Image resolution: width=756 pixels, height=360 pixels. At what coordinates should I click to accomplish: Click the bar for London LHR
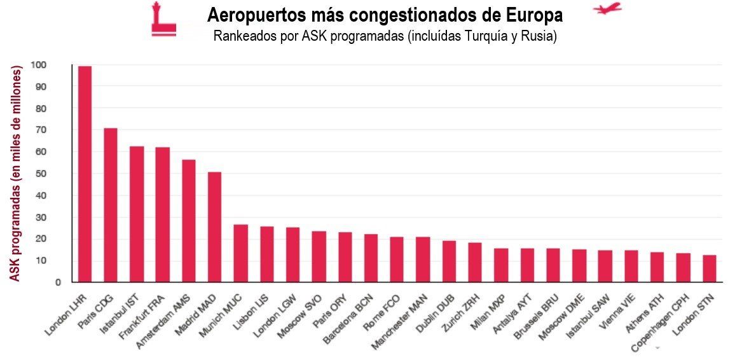pyautogui.click(x=85, y=174)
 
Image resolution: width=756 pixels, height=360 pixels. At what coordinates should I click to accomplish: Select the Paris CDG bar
pyautogui.click(x=111, y=205)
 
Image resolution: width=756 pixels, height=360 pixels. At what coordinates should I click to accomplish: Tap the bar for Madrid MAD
pyautogui.click(x=214, y=226)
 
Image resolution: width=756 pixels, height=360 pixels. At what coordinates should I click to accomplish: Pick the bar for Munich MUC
pyautogui.click(x=240, y=253)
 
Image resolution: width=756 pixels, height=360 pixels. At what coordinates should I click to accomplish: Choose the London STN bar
pyautogui.click(x=709, y=268)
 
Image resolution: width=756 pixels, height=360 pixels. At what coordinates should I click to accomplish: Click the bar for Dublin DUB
pyautogui.click(x=449, y=261)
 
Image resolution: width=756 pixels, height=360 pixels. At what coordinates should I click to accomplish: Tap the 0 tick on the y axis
pyautogui.click(x=58, y=282)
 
